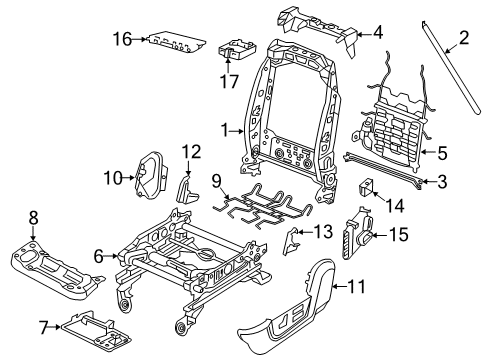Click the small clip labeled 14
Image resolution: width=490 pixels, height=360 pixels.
[x=366, y=186]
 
